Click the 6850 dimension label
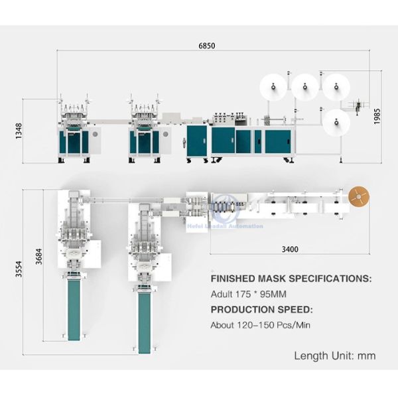pyautogui.click(x=207, y=46)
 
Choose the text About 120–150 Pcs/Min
pyautogui.click(x=260, y=325)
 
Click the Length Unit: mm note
pyautogui.click(x=334, y=356)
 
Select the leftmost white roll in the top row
pyautogui.click(x=273, y=85)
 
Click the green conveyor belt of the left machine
pyautogui.click(x=74, y=310)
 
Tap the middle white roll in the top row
pyautogui.click(x=305, y=85)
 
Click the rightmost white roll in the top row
pyautogui.click(x=336, y=85)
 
